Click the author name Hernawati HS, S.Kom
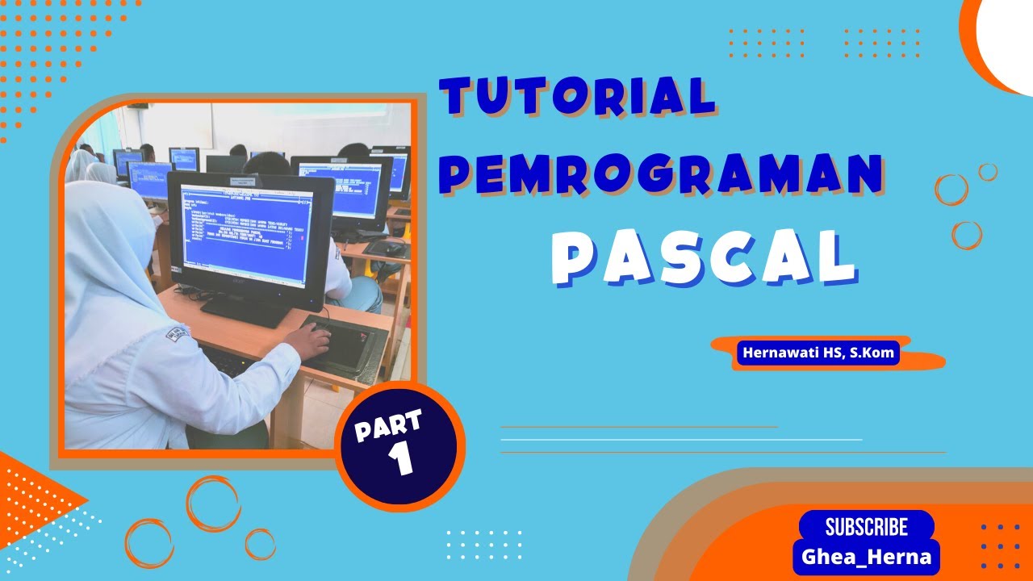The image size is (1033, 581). point(817,353)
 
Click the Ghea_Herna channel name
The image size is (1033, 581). point(866,557)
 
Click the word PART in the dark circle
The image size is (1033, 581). point(388,425)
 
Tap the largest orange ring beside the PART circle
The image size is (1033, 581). point(214,504)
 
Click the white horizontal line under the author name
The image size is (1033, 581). point(681,440)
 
